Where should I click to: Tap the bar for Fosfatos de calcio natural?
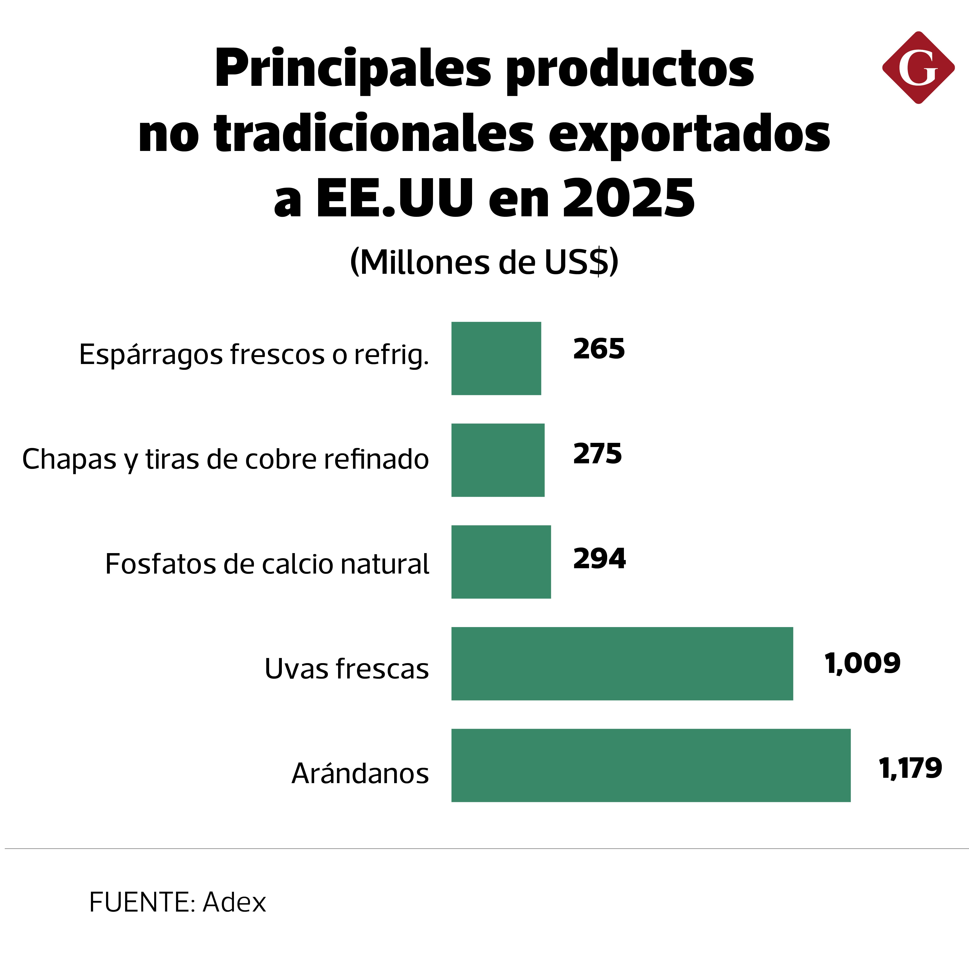coord(501,562)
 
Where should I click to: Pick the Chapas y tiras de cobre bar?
coord(498,460)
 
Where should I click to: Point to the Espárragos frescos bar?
coord(496,358)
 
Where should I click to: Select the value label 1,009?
coord(862,664)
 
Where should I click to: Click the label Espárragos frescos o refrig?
coord(254,355)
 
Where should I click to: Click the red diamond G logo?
coord(918,68)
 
